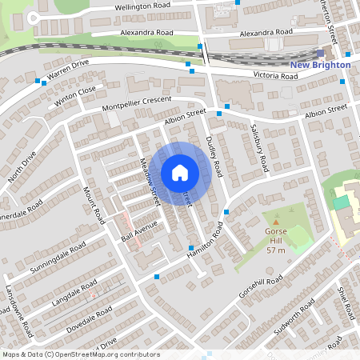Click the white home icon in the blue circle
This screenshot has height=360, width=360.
point(180,172)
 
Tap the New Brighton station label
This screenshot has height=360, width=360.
point(320,65)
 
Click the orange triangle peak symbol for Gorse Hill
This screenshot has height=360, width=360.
point(276,221)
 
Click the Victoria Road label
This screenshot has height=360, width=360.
point(275,75)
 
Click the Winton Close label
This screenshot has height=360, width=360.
point(75,97)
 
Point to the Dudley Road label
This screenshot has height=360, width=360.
point(214,155)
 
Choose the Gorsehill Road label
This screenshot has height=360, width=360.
point(261,288)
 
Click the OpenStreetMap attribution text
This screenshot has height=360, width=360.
point(80,354)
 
